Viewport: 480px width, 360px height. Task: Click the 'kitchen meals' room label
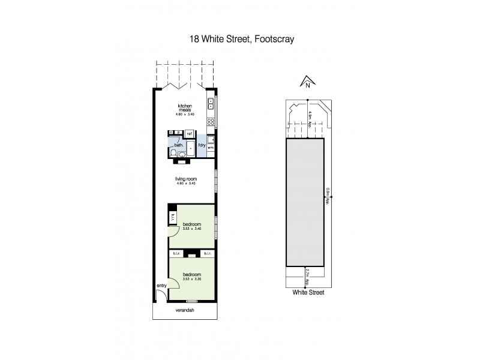point(184,108)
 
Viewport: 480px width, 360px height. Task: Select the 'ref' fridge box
point(189,133)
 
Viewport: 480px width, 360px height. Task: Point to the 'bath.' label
point(178,145)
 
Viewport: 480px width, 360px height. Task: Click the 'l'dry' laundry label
point(202,145)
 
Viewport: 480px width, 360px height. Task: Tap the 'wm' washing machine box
point(211,147)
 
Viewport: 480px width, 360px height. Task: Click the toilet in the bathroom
point(182,154)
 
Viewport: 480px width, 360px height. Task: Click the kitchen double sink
point(211,105)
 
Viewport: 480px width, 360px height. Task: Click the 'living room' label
point(185,179)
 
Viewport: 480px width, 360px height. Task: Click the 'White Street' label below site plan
point(308,293)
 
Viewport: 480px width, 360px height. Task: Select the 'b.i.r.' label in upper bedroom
point(173,217)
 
